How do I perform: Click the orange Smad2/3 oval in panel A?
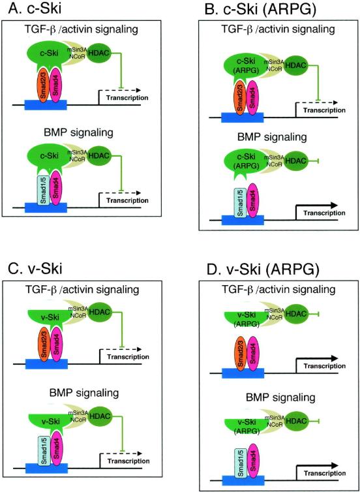tap(44, 84)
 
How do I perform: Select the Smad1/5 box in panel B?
tap(241, 203)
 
